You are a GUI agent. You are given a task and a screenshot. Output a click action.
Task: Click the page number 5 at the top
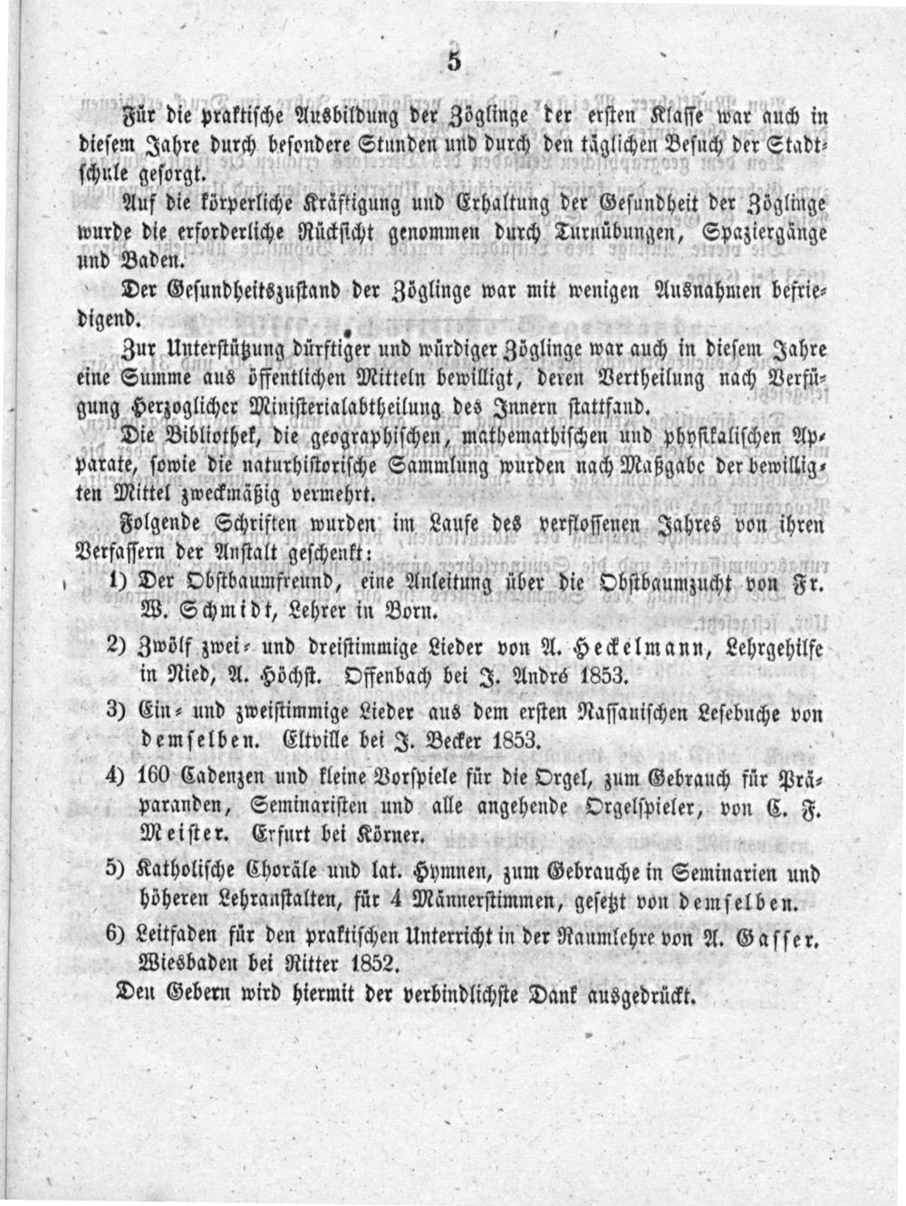454,62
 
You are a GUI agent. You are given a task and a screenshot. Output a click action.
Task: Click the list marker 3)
115,710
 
